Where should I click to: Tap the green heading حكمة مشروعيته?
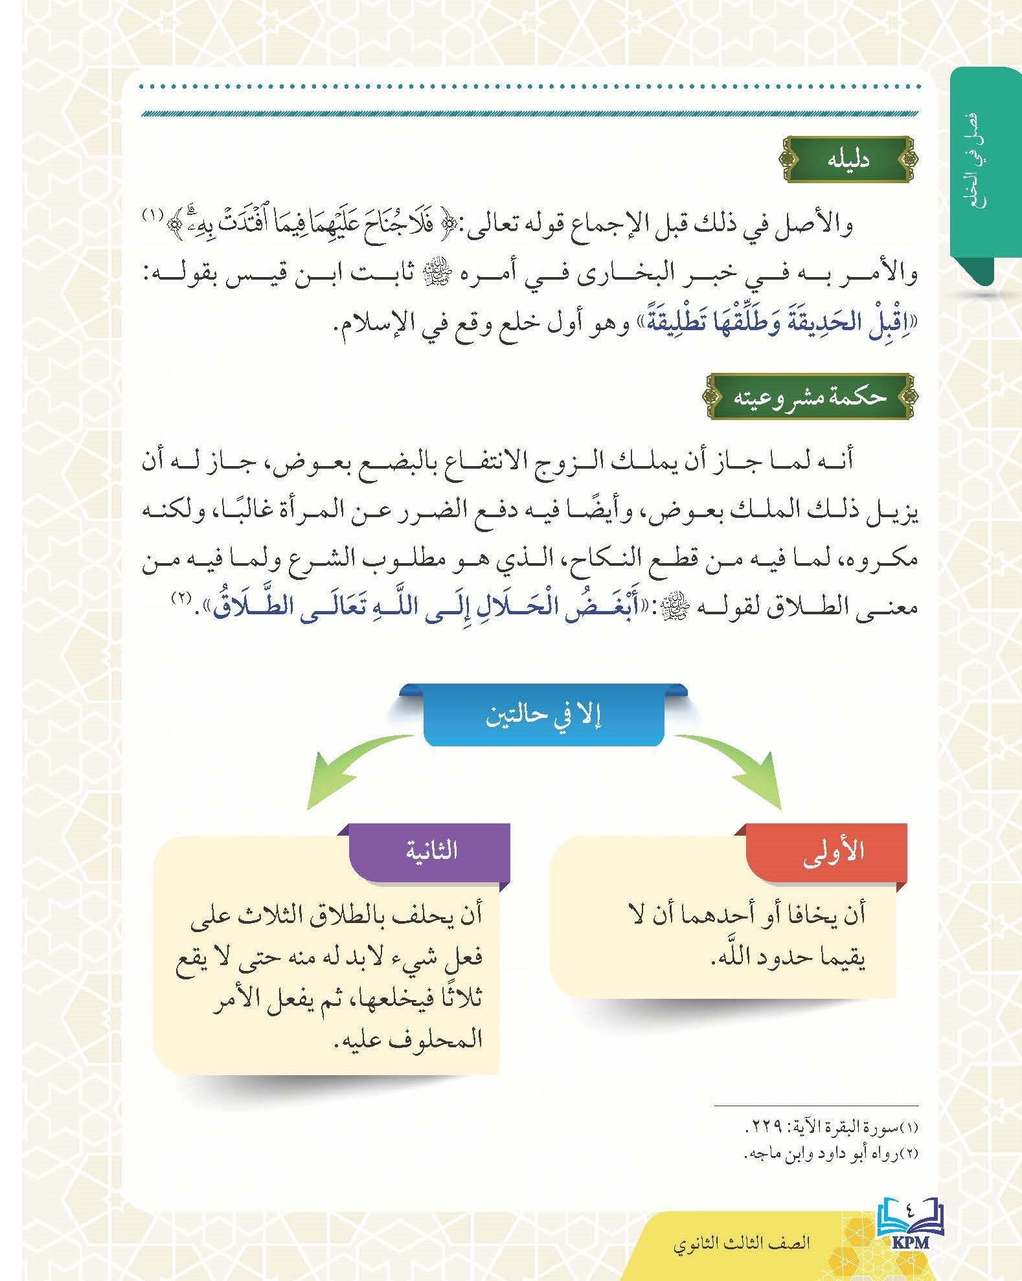pyautogui.click(x=809, y=396)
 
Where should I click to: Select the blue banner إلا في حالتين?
pyautogui.click(x=544, y=718)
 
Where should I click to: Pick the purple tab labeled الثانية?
pyautogui.click(x=431, y=850)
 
